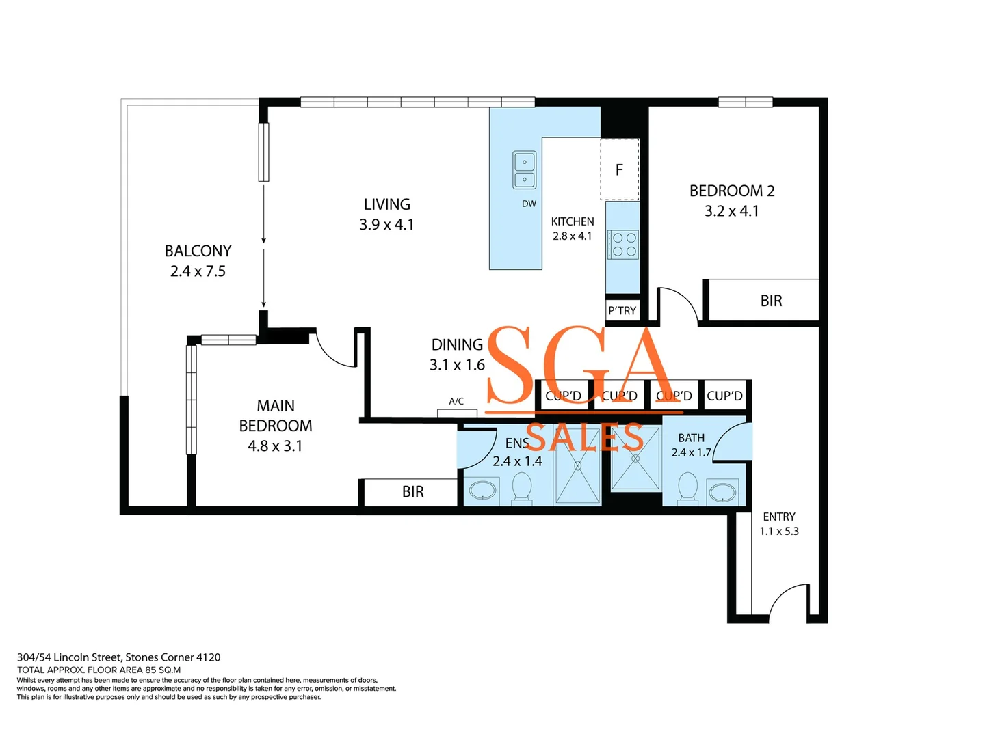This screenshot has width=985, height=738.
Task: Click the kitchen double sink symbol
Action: coord(525,170)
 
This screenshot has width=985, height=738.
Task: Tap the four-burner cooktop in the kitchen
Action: coord(623,245)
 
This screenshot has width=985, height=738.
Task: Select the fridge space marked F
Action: coord(619,169)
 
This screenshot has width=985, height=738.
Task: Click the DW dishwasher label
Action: coord(529,204)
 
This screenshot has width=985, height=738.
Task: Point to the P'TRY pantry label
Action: coord(622,310)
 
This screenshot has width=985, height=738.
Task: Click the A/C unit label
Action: coord(456,402)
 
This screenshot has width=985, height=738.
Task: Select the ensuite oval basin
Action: coord(484,491)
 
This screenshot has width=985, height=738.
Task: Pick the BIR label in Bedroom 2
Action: coord(771,301)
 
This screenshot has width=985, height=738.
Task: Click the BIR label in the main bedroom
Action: coord(412,492)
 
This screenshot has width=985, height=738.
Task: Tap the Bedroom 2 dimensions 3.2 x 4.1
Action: coord(731,211)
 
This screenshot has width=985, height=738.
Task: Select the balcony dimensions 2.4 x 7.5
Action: coord(198,271)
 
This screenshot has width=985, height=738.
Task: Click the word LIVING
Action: coord(386,204)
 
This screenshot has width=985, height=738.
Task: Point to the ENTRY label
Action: coord(779,517)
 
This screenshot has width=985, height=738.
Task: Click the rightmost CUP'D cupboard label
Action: coord(724,396)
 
